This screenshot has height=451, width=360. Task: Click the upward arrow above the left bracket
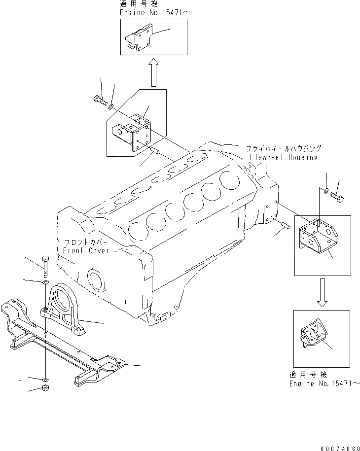[x=153, y=72]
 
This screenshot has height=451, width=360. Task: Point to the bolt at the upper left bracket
[x=100, y=101]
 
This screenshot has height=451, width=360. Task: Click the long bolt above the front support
[x=45, y=267]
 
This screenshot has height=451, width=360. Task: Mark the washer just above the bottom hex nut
[x=45, y=379]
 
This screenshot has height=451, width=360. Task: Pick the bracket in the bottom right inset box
[x=313, y=335]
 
